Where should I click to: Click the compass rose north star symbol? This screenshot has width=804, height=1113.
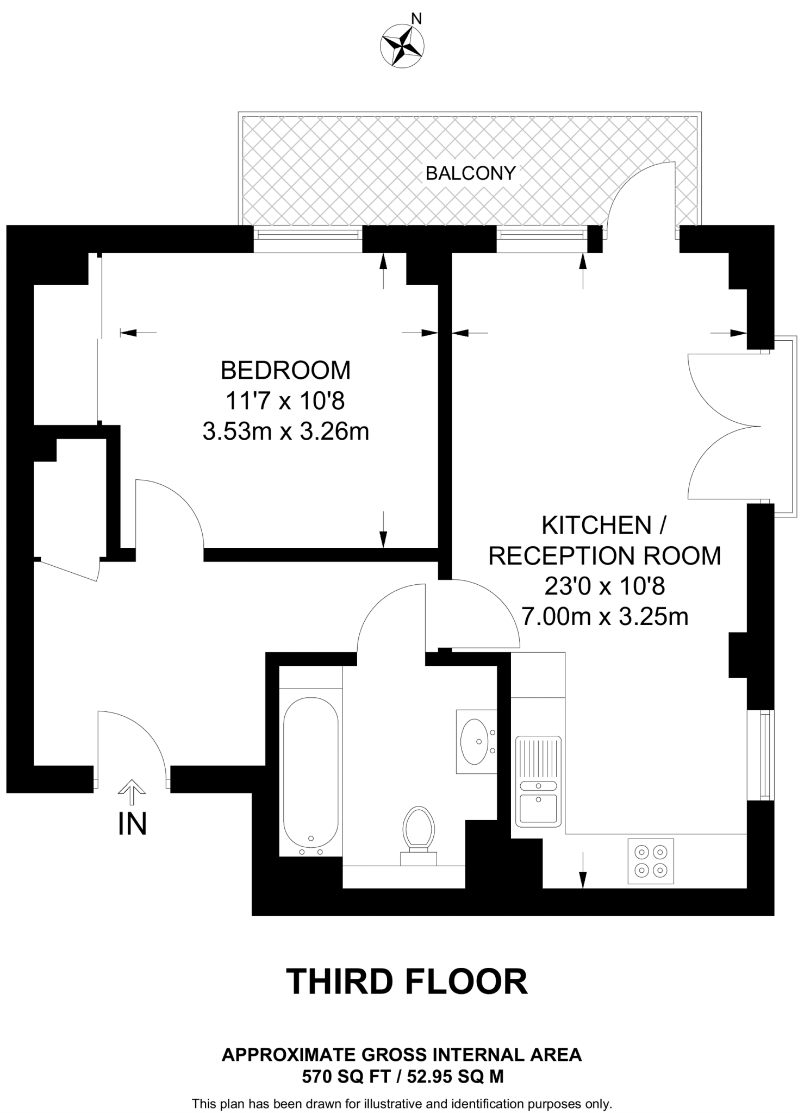pyautogui.click(x=403, y=46)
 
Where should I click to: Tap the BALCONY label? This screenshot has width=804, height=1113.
pyautogui.click(x=470, y=173)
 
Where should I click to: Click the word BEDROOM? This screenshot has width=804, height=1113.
pyautogui.click(x=285, y=370)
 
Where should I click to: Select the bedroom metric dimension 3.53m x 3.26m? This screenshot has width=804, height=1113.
pyautogui.click(x=285, y=432)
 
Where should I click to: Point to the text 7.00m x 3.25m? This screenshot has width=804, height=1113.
pyautogui.click(x=604, y=617)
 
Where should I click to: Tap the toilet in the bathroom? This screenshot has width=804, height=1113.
pyautogui.click(x=419, y=834)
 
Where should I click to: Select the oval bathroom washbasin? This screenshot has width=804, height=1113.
pyautogui.click(x=474, y=741)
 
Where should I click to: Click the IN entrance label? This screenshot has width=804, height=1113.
pyautogui.click(x=132, y=824)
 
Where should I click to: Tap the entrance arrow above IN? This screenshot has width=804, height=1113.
pyautogui.click(x=132, y=791)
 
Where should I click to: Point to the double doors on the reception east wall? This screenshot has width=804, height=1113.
pyautogui.click(x=723, y=426)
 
